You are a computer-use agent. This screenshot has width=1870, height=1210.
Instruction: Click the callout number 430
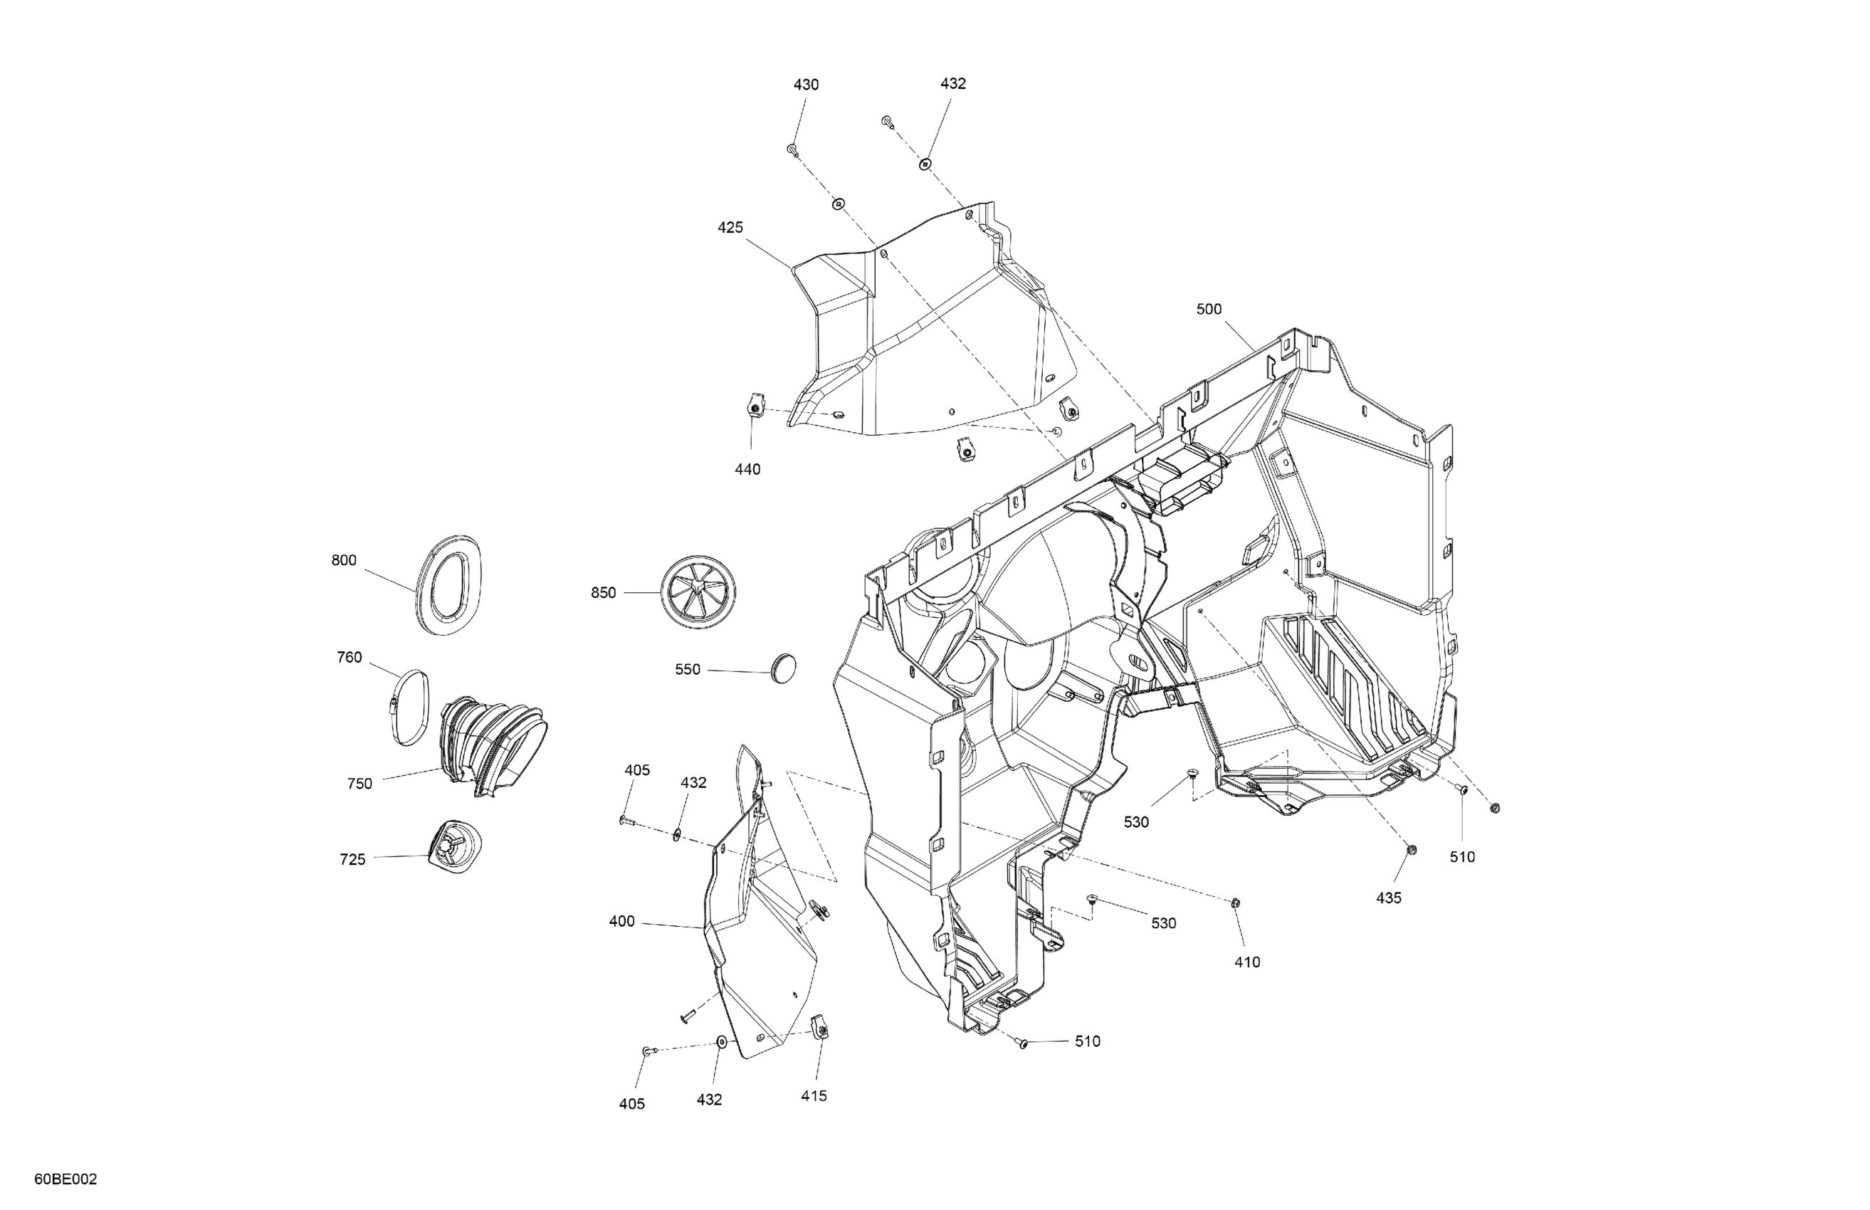click(805, 85)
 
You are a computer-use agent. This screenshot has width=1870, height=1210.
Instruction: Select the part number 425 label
click(730, 228)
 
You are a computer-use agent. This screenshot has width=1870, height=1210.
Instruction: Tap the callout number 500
click(1209, 310)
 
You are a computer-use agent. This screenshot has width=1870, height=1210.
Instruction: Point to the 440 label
click(747, 470)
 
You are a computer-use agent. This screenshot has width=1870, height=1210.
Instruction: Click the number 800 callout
click(343, 561)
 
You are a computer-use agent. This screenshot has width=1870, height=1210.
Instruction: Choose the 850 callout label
click(604, 593)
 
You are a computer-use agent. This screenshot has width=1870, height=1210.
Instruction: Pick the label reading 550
click(688, 670)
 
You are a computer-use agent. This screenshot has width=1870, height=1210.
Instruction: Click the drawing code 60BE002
click(66, 1179)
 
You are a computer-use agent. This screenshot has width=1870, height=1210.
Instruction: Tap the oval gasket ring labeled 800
click(448, 584)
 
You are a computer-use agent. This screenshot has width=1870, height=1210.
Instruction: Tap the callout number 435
click(1388, 898)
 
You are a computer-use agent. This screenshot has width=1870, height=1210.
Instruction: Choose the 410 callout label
click(1247, 962)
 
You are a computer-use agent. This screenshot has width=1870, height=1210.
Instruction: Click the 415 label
click(814, 1096)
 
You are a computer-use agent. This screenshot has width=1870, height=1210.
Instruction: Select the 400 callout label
click(621, 922)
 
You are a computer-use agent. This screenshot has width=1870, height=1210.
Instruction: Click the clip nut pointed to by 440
click(752, 409)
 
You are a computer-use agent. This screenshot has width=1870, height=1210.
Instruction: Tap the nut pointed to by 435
click(1410, 849)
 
